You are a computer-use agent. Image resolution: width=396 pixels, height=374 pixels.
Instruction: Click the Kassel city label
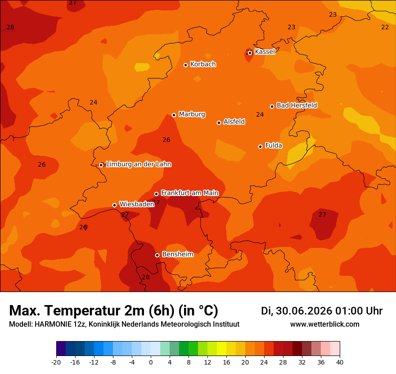(265, 51)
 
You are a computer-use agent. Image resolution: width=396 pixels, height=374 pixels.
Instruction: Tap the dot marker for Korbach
(185, 65)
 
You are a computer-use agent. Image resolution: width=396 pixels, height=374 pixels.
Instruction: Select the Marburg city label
(192, 114)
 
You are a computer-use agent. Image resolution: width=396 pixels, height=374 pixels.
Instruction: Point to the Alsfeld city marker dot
(219, 123)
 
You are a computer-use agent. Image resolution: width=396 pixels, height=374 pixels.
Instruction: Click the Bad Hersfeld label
(297, 105)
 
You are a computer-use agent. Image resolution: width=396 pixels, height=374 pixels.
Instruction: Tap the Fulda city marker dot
(261, 146)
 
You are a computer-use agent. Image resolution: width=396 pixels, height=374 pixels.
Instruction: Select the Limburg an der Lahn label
(139, 164)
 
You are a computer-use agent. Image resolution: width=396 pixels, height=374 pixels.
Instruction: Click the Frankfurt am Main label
(190, 193)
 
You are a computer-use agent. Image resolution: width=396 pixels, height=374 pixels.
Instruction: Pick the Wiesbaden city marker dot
(114, 205)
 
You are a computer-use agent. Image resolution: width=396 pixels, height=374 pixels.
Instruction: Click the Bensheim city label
(178, 254)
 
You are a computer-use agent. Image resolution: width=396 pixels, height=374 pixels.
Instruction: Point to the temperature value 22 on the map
(385, 27)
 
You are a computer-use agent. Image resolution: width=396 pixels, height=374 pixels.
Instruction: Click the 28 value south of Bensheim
(146, 277)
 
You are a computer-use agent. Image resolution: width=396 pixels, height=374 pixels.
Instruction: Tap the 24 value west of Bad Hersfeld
(260, 114)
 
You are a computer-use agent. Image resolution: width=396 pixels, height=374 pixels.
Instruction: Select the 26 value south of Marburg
(166, 140)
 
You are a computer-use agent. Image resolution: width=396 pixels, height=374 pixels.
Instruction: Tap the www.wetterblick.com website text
(325, 324)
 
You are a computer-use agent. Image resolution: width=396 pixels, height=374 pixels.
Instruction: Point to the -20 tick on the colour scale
(56, 362)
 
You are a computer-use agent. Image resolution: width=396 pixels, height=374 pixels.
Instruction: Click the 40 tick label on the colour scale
(340, 362)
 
